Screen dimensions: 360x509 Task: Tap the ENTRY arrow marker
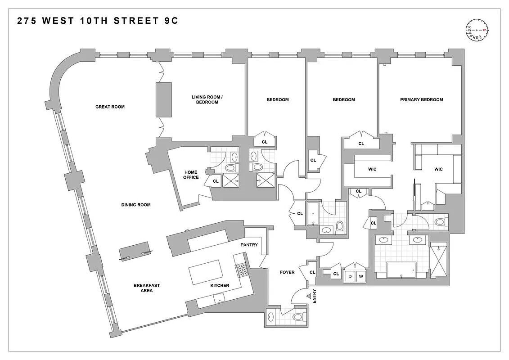coord(310,296)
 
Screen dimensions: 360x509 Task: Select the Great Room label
coord(110,107)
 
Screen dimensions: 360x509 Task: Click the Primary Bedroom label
coord(421,100)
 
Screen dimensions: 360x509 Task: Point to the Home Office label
coord(191,175)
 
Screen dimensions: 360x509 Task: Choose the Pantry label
coord(249,245)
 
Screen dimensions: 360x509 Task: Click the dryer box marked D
coord(349,277)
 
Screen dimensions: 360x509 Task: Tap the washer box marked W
coord(360,277)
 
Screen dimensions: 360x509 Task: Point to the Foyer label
coord(287,272)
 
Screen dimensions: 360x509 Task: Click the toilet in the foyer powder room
coord(297,317)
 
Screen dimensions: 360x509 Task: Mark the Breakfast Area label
coord(146,288)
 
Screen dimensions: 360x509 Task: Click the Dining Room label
coord(135,205)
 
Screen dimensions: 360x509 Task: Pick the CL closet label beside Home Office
coord(215,181)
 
